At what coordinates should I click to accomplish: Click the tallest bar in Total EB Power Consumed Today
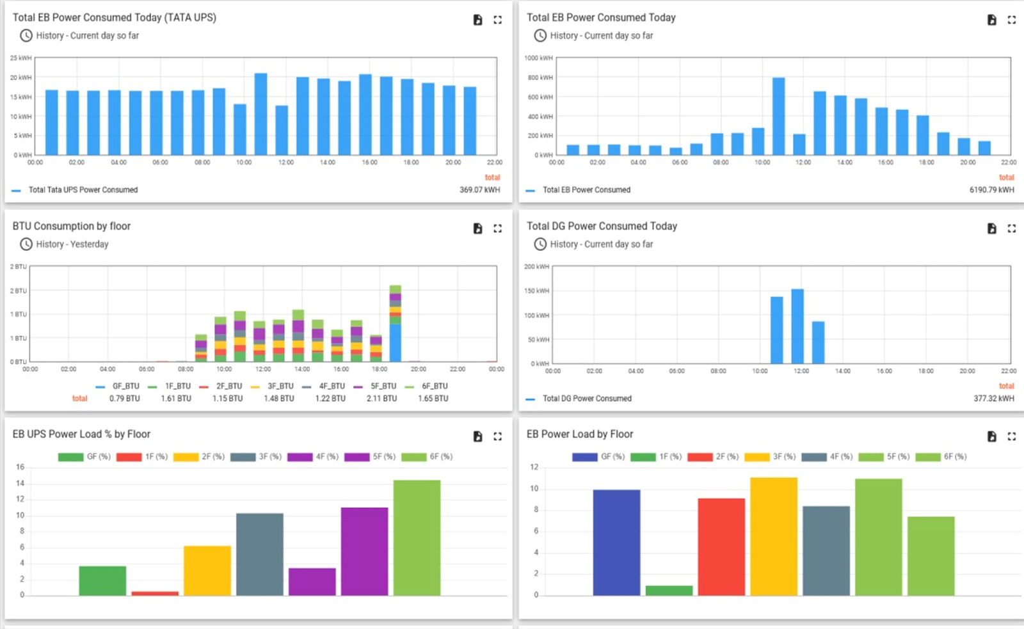778,116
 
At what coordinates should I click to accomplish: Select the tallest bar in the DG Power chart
797,326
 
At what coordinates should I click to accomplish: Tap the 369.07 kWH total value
479,189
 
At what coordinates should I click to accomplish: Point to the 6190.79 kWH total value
991,189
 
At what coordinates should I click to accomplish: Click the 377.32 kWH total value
993,399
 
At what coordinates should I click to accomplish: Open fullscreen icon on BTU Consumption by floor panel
497,228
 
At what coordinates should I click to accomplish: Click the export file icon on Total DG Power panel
991,228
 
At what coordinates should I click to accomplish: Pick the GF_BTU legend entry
117,386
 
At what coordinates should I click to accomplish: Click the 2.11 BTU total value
381,399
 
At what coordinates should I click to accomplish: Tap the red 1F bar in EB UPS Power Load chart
155,593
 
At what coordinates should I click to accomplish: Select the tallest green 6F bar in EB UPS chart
417,537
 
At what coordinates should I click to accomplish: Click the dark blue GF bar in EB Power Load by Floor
617,543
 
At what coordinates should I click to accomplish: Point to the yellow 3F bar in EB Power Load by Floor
774,537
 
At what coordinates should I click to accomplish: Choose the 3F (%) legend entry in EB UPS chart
256,457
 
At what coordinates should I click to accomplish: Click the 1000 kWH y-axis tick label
538,58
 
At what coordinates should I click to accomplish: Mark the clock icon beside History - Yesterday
26,244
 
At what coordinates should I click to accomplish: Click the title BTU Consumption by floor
71,227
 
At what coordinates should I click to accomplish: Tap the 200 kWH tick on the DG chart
537,266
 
